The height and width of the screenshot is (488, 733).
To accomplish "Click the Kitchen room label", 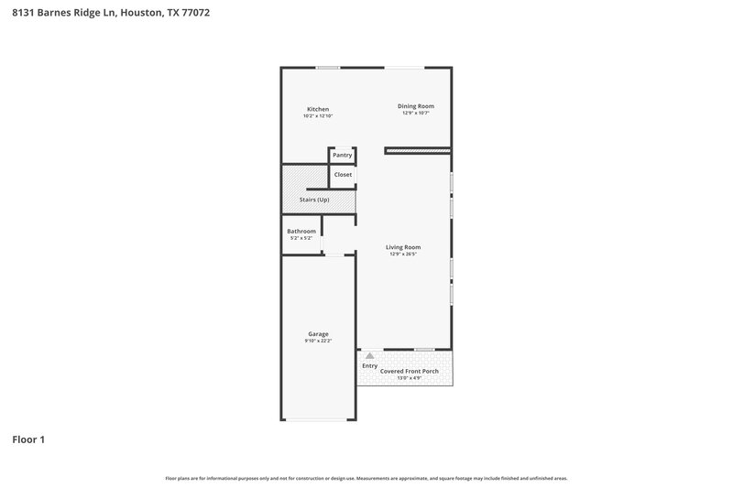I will tap(317, 109).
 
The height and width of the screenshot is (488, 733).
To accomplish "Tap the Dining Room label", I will tap(415, 106).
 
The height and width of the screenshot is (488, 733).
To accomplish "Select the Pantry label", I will tap(342, 156).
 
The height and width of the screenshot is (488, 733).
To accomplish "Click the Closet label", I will tap(343, 174).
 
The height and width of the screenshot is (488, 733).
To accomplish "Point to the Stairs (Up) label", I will tap(314, 200).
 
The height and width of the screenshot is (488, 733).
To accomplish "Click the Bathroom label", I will tap(301, 231).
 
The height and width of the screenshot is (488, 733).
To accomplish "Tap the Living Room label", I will tap(403, 247).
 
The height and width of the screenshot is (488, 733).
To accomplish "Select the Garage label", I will tap(318, 334).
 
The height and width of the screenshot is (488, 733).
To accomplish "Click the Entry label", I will tap(369, 366).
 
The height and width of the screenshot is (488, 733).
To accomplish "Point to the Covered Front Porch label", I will tap(417, 371).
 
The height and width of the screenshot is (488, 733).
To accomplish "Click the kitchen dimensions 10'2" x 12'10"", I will tap(317, 116).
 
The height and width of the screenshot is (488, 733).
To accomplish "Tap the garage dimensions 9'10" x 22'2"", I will tap(318, 341).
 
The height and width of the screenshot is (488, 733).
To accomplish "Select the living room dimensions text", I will tap(403, 255).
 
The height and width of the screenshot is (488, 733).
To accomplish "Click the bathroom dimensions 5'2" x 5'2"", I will tap(301, 238).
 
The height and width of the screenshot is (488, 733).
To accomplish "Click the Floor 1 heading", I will tap(28, 440).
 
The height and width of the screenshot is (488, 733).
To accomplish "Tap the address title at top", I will tap(99, 13).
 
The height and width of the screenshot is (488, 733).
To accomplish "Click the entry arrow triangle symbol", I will tap(369, 355).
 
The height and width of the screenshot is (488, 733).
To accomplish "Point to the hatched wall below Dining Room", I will tap(418, 150).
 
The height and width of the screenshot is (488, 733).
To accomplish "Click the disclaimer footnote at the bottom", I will tap(366, 478).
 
